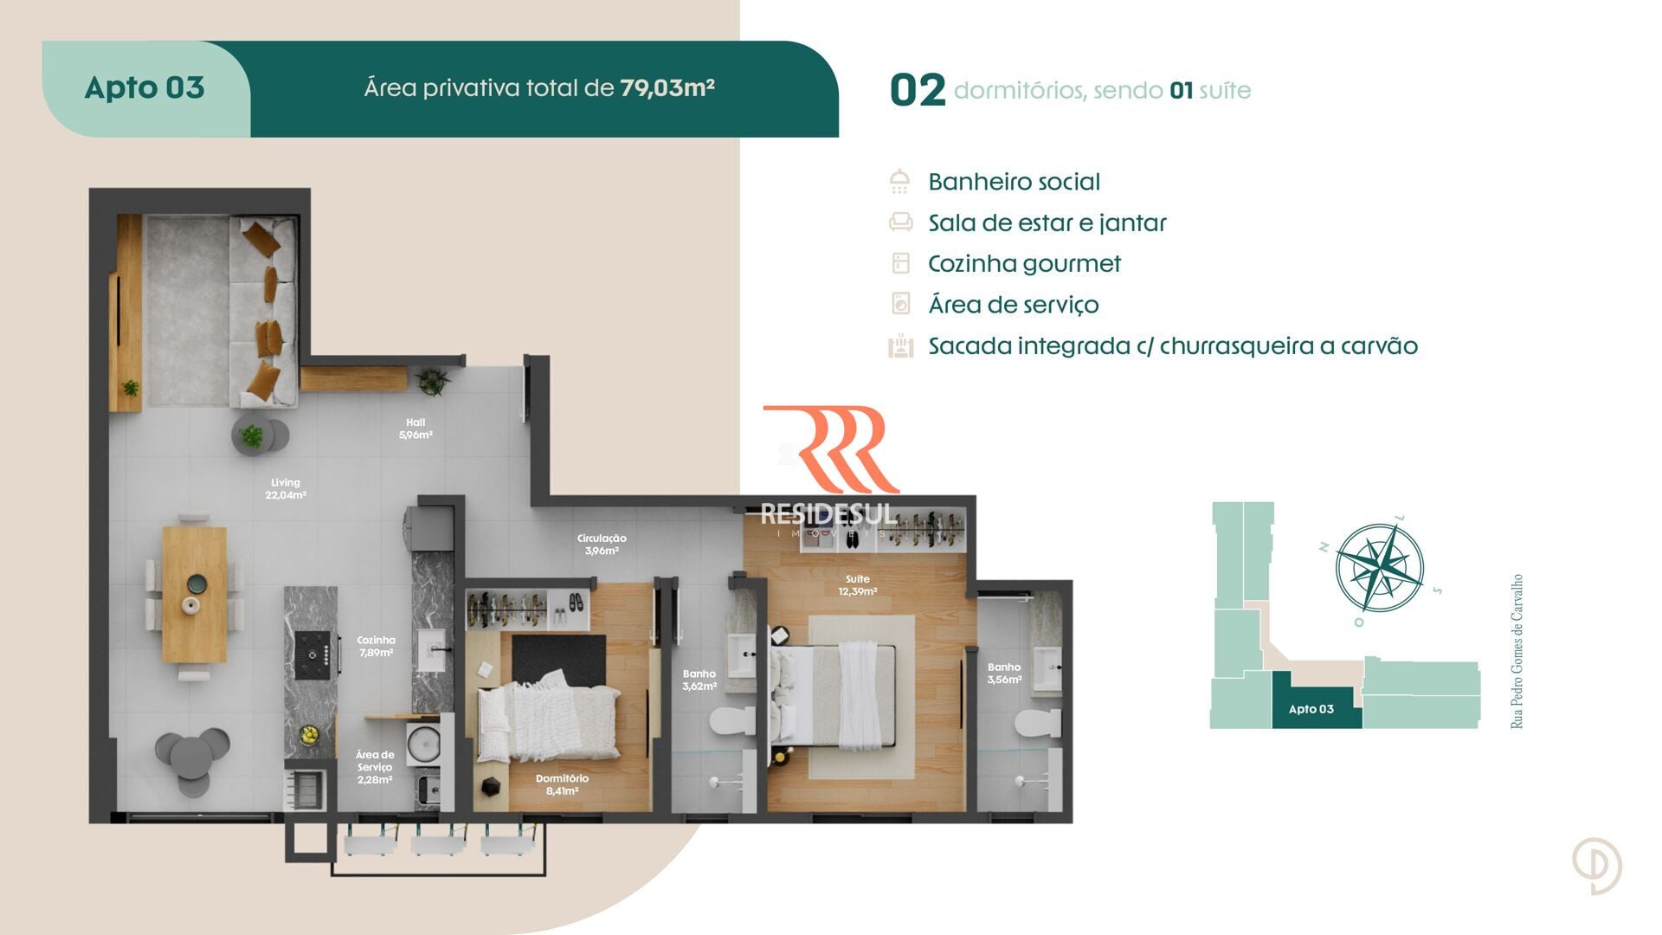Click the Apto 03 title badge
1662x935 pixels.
(145, 88)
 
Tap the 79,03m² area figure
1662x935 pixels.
(667, 87)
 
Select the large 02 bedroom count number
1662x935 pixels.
(918, 90)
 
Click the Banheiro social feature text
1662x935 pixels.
(1014, 182)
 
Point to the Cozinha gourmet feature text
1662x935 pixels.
(1024, 264)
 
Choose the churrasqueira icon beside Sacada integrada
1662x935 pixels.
(901, 345)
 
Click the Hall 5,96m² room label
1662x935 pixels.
(415, 429)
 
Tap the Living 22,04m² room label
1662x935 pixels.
(286, 489)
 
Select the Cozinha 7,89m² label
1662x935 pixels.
(376, 647)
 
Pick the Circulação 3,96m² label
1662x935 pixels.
(602, 545)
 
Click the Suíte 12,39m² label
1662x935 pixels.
(857, 585)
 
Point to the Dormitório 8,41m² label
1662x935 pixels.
(562, 784)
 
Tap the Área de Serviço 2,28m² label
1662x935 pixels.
(375, 767)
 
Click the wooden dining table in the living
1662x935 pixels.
(195, 594)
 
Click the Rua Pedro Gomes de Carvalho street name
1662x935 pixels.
(1517, 651)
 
